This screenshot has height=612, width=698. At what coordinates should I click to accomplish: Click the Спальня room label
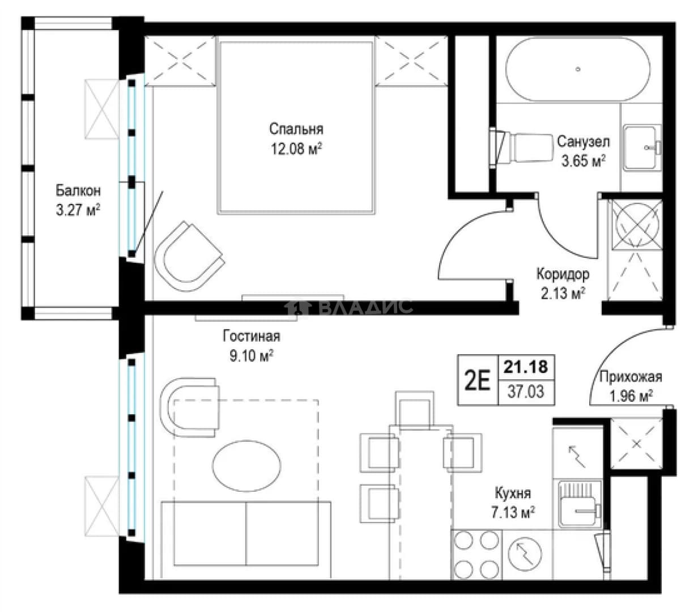click(x=296, y=129)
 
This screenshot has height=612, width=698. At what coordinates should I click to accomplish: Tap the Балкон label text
click(x=78, y=190)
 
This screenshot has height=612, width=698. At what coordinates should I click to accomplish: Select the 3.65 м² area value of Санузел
click(x=584, y=161)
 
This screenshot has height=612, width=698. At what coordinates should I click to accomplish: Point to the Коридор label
click(x=563, y=274)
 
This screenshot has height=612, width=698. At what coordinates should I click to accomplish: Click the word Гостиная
click(x=252, y=335)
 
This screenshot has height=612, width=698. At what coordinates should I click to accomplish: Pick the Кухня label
click(x=513, y=493)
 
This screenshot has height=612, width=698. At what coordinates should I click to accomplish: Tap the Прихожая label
click(x=631, y=377)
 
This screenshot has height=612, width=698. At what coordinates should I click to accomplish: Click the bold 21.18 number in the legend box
click(x=526, y=367)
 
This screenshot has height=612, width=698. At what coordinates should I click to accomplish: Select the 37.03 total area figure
click(x=526, y=392)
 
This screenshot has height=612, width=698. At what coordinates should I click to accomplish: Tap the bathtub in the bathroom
click(x=578, y=69)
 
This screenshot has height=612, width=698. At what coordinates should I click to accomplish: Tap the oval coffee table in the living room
click(x=246, y=466)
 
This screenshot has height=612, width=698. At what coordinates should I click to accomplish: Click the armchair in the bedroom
click(x=189, y=257)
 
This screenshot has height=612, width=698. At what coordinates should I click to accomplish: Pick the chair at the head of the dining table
click(x=415, y=410)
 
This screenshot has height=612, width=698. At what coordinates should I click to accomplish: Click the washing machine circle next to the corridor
click(x=637, y=224)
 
